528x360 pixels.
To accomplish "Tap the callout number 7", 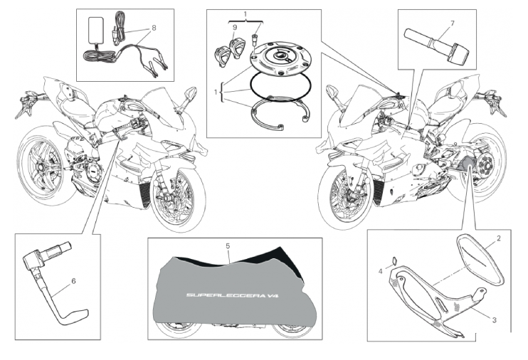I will coord(450,24).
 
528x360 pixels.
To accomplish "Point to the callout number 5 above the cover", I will coord(228,245).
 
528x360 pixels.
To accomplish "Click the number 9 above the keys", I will coord(236,28).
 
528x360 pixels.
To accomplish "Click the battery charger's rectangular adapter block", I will coord(93,31).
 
